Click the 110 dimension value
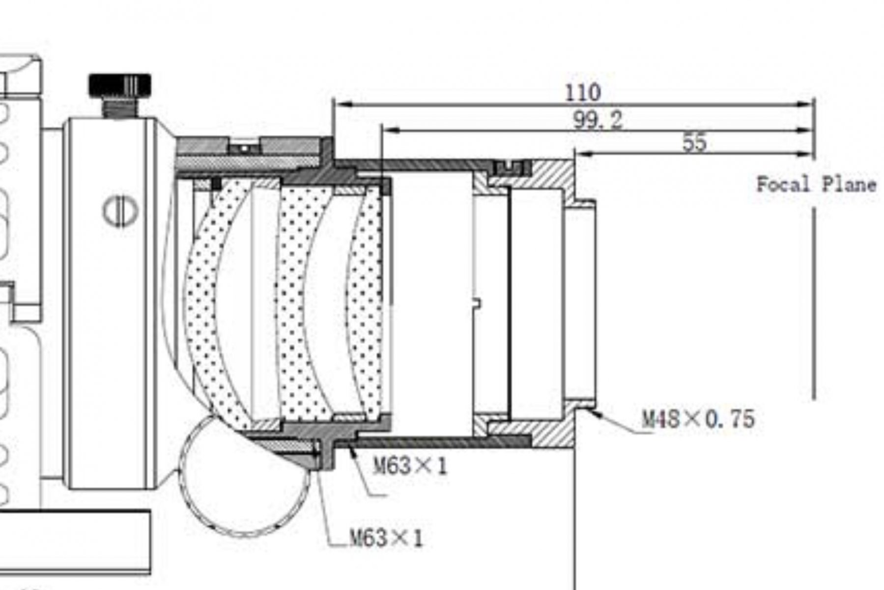pos(583,92)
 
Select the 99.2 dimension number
pos(598,119)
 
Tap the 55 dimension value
pos(694,143)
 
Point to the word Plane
pos(850,185)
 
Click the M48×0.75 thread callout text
pos(698,419)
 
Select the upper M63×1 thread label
pos(411,465)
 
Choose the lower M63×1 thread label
pos(386,538)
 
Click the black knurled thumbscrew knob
pos(120,85)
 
